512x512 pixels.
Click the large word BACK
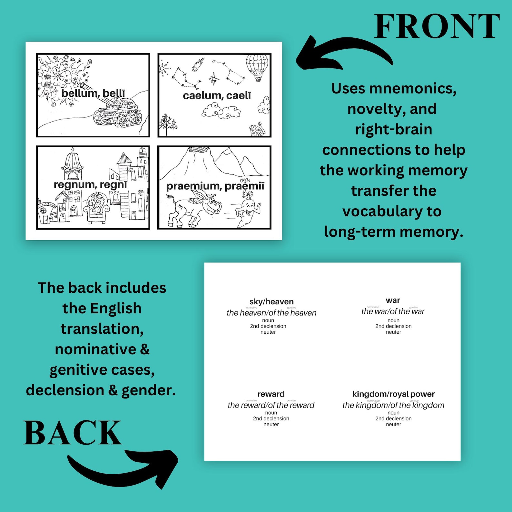72,433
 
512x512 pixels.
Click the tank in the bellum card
118,113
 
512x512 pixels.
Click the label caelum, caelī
217,95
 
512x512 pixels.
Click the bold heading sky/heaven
271,301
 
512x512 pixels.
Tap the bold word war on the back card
393,300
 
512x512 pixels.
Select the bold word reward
271,394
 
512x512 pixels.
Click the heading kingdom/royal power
393,394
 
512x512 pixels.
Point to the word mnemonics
413,89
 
